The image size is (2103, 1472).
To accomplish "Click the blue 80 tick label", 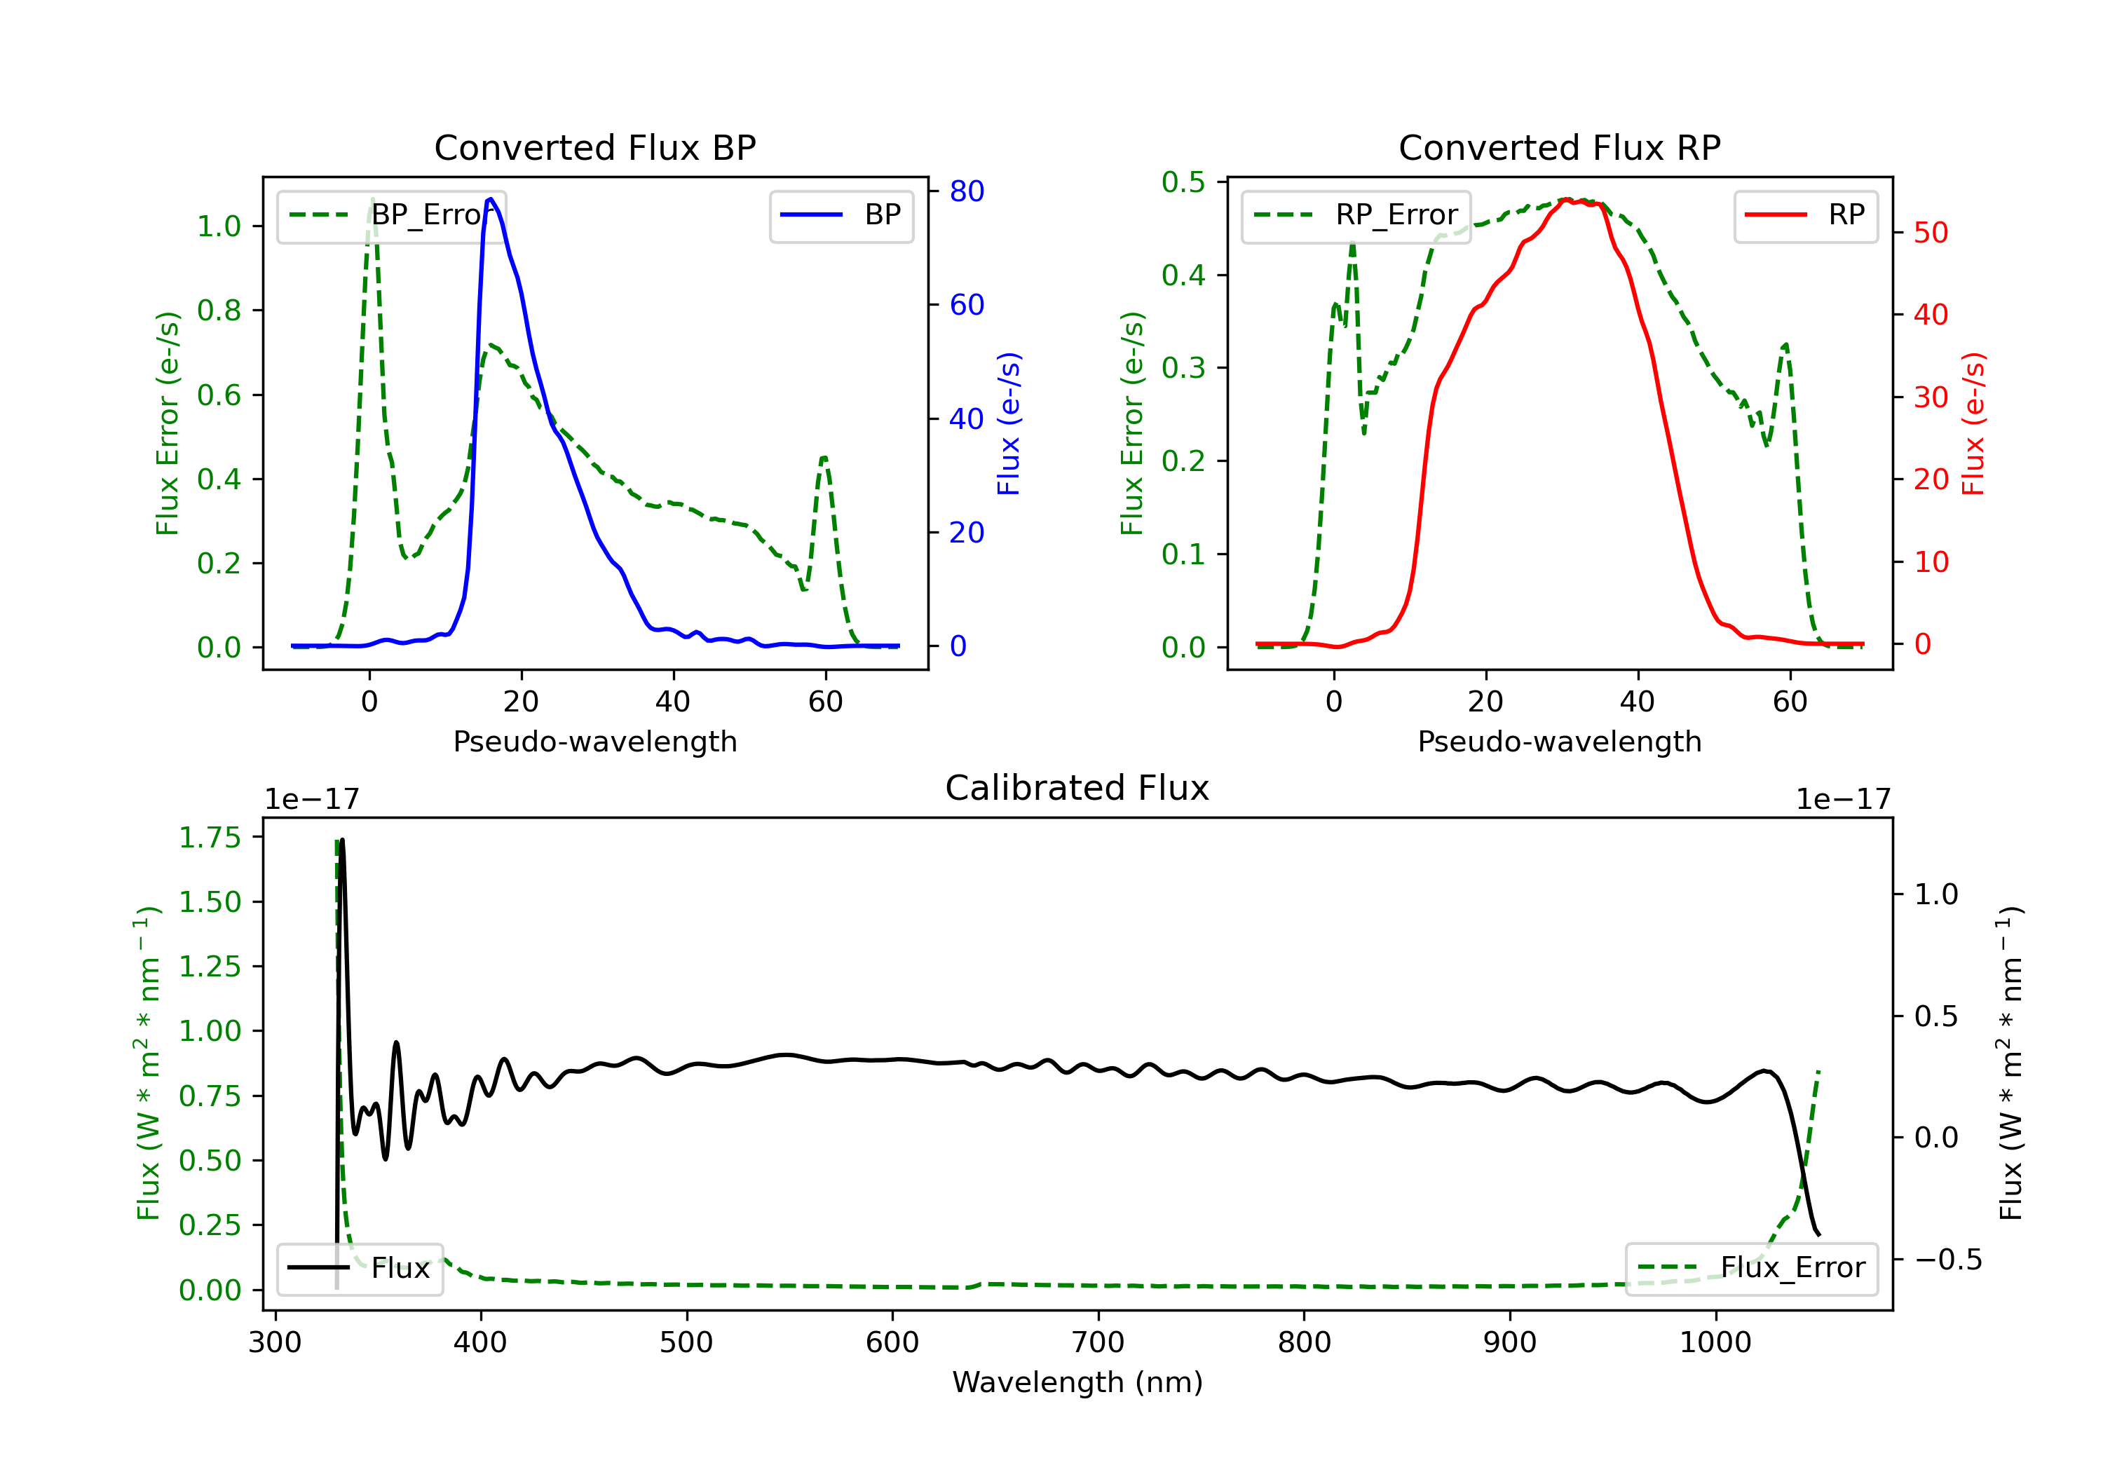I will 966,191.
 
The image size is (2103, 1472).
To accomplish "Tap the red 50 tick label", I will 1931,233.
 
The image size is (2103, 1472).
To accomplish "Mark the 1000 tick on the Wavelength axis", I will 1715,1343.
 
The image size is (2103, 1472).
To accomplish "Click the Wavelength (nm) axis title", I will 1077,1382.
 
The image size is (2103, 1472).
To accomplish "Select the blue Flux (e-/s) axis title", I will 1009,424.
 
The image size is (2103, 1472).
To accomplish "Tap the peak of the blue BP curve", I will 491,199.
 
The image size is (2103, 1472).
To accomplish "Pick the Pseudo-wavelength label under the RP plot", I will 1559,742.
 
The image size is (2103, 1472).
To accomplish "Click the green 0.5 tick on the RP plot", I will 1183,182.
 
